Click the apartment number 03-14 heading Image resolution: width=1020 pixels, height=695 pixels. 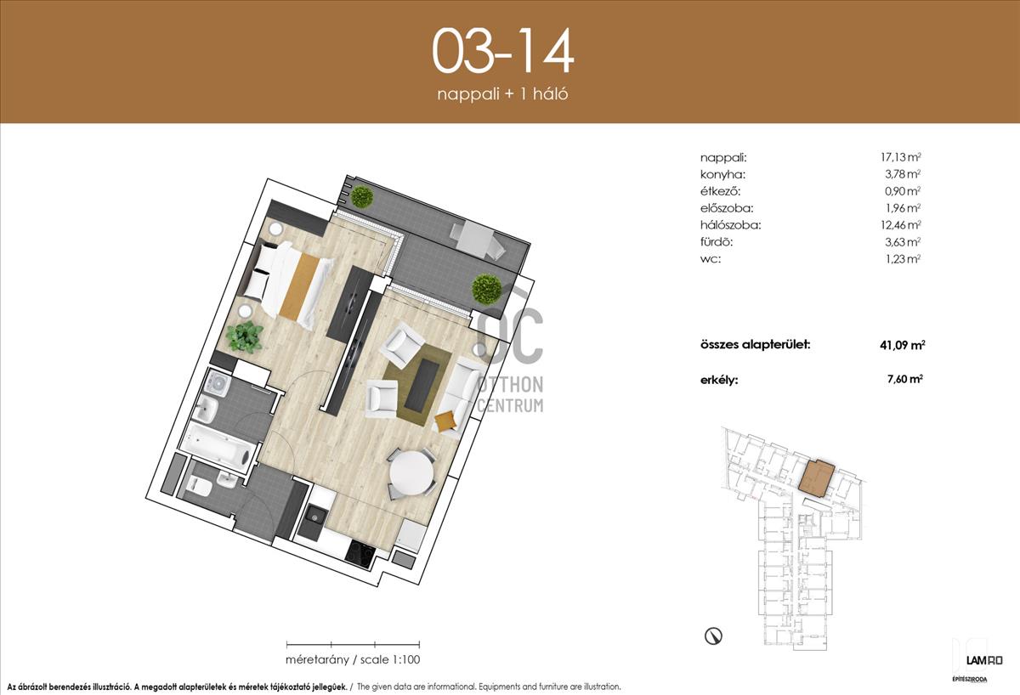click(x=502, y=50)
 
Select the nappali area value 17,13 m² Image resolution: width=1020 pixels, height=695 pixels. click(x=901, y=157)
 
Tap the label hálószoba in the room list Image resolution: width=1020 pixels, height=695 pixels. click(x=730, y=225)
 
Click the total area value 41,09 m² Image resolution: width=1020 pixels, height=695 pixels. click(x=902, y=345)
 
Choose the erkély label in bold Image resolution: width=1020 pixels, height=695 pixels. click(x=719, y=380)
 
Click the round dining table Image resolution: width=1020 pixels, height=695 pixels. click(x=411, y=474)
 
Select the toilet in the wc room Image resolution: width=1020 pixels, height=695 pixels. click(x=199, y=486)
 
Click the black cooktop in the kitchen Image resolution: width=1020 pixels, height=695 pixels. click(x=360, y=552)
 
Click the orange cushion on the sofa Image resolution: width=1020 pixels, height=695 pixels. click(x=445, y=421)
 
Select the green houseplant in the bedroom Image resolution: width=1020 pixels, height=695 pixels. click(x=245, y=336)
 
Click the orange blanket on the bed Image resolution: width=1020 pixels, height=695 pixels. click(x=299, y=285)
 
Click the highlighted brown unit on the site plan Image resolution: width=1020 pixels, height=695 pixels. click(x=817, y=479)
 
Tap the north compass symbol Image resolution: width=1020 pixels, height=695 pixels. click(x=713, y=636)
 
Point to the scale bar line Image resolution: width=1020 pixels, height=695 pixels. click(x=353, y=645)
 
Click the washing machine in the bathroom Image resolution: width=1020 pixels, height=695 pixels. click(x=218, y=384)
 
